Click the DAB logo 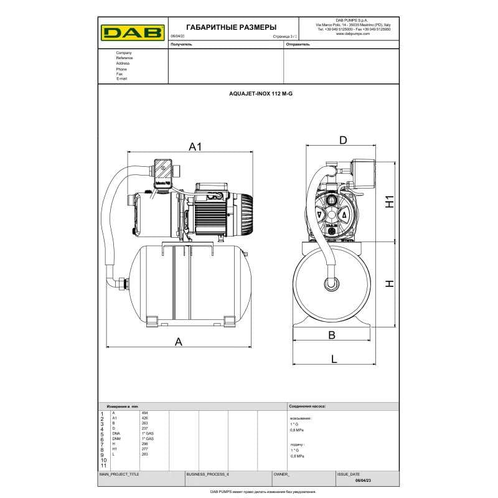(133, 32)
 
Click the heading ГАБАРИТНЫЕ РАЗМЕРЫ (223, 27)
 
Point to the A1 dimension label (196, 147)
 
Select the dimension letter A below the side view (179, 341)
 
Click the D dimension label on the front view (342, 141)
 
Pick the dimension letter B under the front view (332, 336)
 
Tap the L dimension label (334, 359)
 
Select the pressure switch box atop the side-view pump (165, 171)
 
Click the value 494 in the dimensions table (145, 413)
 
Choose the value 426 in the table (145, 418)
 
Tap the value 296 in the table (145, 444)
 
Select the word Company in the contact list (124, 53)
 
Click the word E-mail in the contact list (122, 79)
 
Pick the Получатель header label (181, 45)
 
